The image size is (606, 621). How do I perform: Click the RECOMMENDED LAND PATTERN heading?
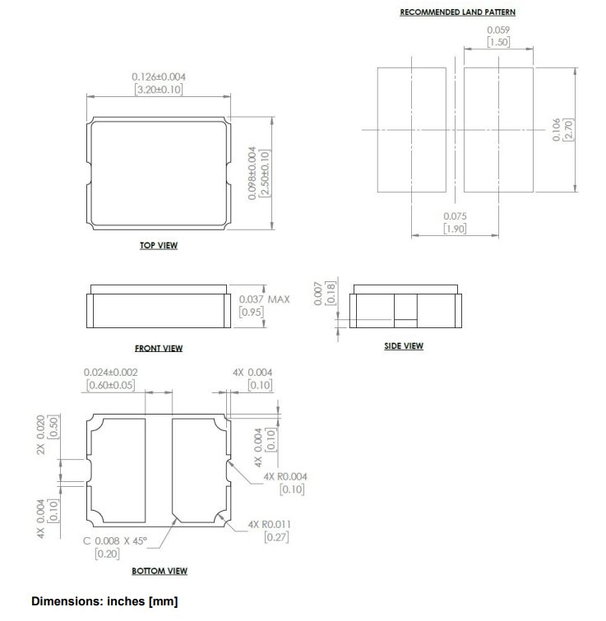pyautogui.click(x=457, y=12)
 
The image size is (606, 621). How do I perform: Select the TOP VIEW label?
pyautogui.click(x=159, y=245)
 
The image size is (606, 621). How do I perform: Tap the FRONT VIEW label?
pyautogui.click(x=159, y=348)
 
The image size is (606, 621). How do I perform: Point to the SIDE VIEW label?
pyautogui.click(x=404, y=345)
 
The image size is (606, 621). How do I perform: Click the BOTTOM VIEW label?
pyautogui.click(x=160, y=571)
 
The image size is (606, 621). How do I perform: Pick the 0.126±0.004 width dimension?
pyautogui.click(x=158, y=76)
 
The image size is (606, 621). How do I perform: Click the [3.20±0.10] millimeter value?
pyautogui.click(x=158, y=88)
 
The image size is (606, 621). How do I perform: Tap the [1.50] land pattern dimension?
pyautogui.click(x=498, y=42)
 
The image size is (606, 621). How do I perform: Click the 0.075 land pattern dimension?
pyautogui.click(x=455, y=217)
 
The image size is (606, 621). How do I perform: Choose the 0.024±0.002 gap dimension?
pyautogui.click(x=111, y=373)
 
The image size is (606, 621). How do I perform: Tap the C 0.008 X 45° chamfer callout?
pyautogui.click(x=112, y=540)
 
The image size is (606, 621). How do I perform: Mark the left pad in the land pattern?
pyautogui.click(x=411, y=130)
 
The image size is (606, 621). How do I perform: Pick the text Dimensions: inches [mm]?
pyautogui.click(x=104, y=601)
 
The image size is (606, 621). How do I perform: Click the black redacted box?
pyautogui.click(x=109, y=27)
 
